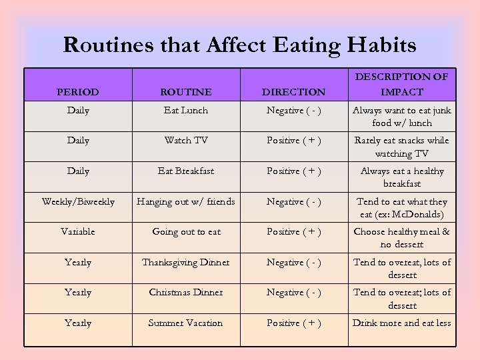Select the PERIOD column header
coord(78,92)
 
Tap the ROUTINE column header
coord(186,92)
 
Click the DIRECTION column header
coord(294,92)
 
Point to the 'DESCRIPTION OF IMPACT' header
coord(401,84)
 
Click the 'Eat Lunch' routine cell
coord(186,110)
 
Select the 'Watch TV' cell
coord(186,141)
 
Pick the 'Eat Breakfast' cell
coord(186,171)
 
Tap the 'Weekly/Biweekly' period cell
coord(78,201)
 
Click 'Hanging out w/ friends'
coord(186,201)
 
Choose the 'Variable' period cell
coord(78,231)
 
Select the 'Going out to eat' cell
coord(186,231)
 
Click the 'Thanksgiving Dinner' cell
coord(186,262)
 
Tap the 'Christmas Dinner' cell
coord(186,292)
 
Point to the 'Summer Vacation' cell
coord(186,323)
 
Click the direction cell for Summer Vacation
coord(294,323)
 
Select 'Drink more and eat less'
coord(401,323)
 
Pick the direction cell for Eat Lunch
coord(294,110)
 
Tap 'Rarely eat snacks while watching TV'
coord(401,147)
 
